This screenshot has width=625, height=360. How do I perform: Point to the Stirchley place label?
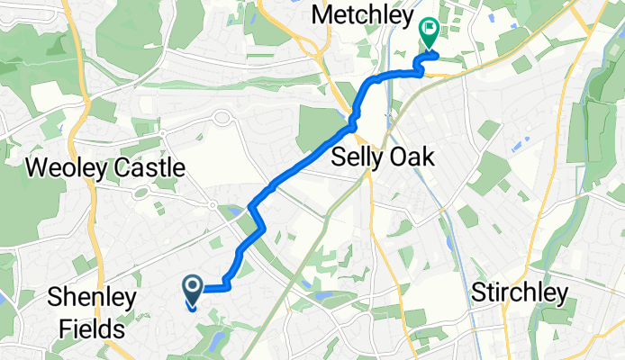(x=521, y=293)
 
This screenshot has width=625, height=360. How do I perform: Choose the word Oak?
(x=412, y=157)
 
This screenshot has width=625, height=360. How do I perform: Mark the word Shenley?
(x=86, y=299)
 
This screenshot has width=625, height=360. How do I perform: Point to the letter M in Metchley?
(x=322, y=14)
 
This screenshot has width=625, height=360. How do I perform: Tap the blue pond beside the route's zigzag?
(x=235, y=212)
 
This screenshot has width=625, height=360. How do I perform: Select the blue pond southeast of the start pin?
(x=213, y=339)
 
